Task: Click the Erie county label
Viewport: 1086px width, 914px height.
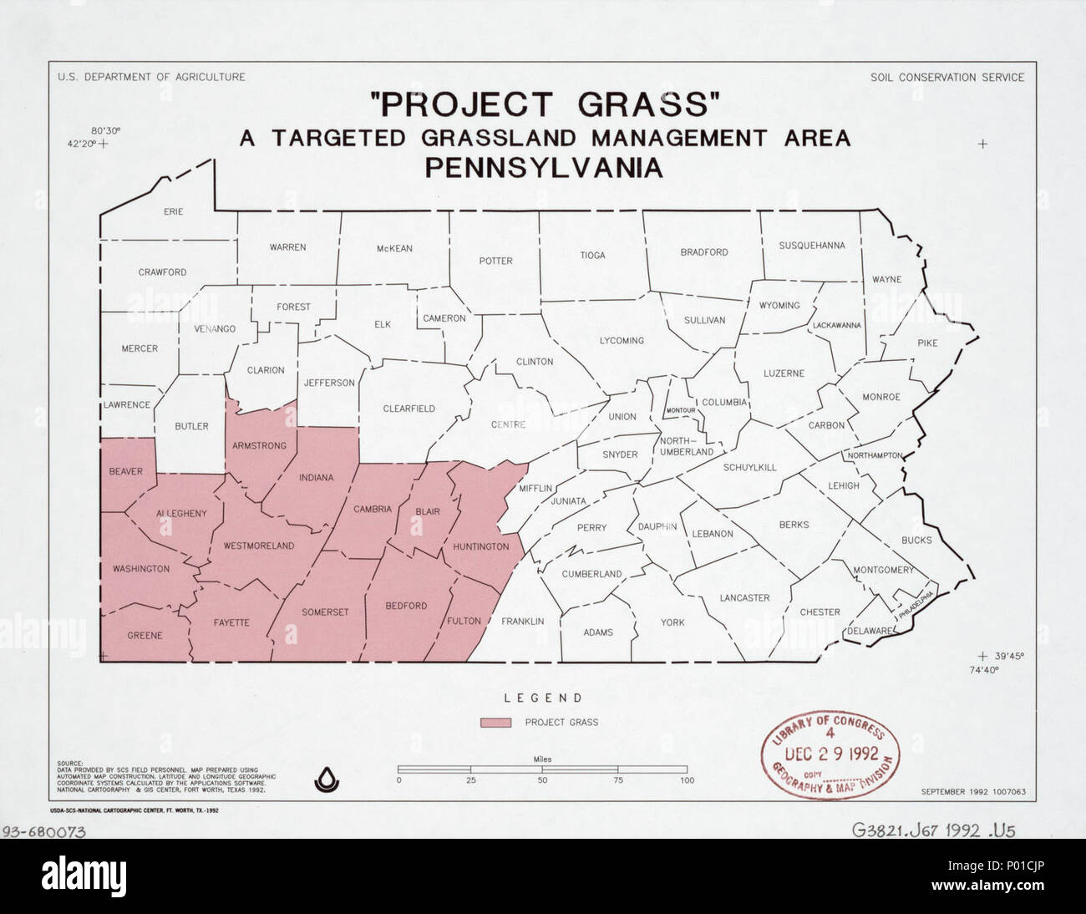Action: [x=173, y=212]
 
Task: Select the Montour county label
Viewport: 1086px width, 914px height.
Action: [x=681, y=410]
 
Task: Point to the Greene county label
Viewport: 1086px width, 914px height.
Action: [x=145, y=636]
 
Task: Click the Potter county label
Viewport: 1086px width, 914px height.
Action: [x=495, y=261]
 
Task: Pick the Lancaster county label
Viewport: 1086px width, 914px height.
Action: [x=744, y=597]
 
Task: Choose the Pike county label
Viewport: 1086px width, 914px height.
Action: [x=927, y=343]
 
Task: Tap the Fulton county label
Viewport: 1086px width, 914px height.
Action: [x=464, y=621]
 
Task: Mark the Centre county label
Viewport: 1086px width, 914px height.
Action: [x=508, y=424]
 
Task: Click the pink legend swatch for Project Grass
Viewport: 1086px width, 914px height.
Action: [x=495, y=722]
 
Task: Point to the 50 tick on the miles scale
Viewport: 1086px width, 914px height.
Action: [x=543, y=780]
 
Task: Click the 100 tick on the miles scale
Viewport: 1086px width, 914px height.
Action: [x=687, y=780]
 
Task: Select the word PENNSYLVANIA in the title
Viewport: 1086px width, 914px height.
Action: [x=544, y=168]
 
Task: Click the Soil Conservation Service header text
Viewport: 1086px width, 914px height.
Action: [x=946, y=78]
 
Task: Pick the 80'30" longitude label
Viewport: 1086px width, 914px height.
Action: [x=106, y=130]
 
